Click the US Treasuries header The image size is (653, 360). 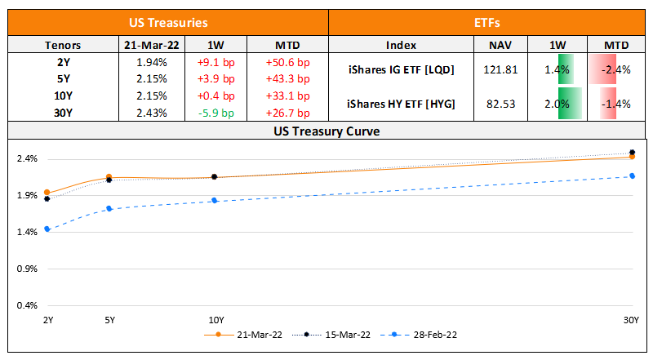click(168, 24)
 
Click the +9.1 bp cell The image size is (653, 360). click(216, 61)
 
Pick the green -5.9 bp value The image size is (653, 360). click(216, 113)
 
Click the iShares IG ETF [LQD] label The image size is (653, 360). click(400, 70)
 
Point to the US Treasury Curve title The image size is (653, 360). click(326, 131)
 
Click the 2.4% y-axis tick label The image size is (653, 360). click(28, 159)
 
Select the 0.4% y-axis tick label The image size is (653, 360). click(28, 306)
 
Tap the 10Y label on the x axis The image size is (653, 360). click(215, 321)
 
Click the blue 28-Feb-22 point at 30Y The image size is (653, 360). click(632, 176)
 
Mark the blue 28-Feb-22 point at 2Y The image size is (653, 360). click(47, 229)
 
